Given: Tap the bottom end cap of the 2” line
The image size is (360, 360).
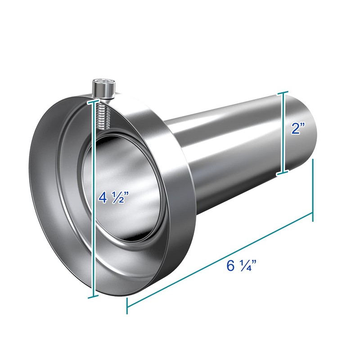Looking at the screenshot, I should pos(283,173).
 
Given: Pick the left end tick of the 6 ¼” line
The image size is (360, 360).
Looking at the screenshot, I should pos(127,306).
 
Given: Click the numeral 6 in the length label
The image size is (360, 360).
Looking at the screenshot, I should pos(231,265).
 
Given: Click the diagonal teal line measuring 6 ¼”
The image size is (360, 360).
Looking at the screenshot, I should pos(198,270).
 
